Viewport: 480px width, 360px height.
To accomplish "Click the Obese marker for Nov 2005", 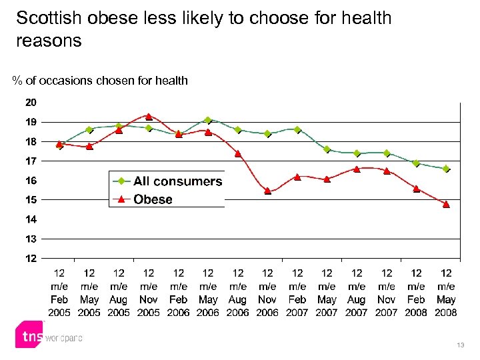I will pos(149,117).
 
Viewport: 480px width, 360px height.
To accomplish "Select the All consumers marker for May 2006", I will pos(208,121).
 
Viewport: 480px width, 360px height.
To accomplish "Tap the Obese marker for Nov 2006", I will pos(267,191).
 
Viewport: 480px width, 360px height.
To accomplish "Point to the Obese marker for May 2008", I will pos(446,205).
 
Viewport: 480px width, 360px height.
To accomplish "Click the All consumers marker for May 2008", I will pos(446,169).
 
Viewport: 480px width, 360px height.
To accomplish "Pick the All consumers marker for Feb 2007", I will pos(297,130).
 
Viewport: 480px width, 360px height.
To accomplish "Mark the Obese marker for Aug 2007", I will pos(357,169).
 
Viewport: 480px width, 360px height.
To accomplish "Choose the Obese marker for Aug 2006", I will pos(238,153).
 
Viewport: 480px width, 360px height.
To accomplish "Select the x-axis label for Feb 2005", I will pos(59,293).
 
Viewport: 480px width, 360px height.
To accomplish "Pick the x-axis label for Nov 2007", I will pos(387,293).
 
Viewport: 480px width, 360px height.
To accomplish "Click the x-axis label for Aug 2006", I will pos(238,293).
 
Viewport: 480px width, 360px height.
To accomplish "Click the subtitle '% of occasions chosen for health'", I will pos(100,81).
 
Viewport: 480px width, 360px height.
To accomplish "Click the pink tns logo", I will pos(29,336).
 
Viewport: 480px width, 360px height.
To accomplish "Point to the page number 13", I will pos(461,345).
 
